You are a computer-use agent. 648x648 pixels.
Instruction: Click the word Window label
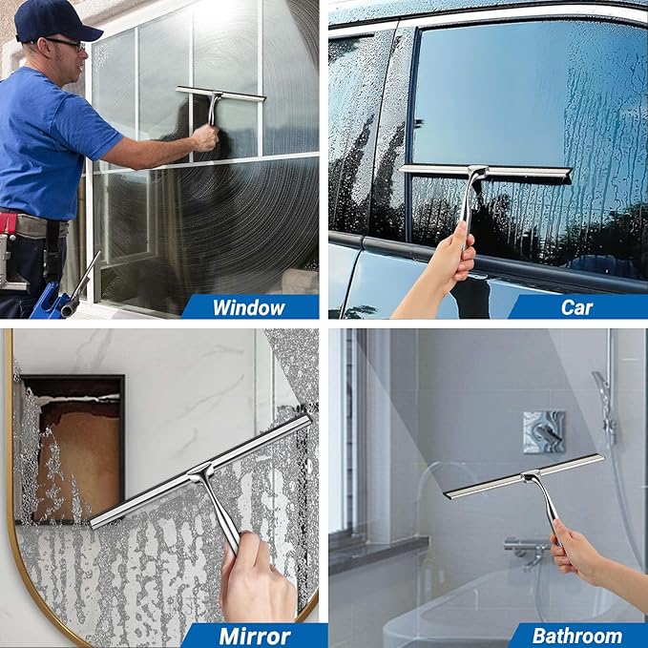click(248, 307)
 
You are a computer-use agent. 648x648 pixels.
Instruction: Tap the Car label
click(576, 307)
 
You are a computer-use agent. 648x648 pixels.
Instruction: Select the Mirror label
click(255, 635)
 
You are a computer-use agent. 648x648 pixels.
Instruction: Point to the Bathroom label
click(576, 635)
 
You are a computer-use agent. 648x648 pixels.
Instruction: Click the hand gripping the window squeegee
click(203, 139)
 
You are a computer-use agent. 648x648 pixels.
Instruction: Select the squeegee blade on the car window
click(485, 172)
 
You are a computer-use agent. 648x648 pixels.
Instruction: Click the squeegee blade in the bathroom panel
click(524, 475)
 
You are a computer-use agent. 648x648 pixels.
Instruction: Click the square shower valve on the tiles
click(543, 431)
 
